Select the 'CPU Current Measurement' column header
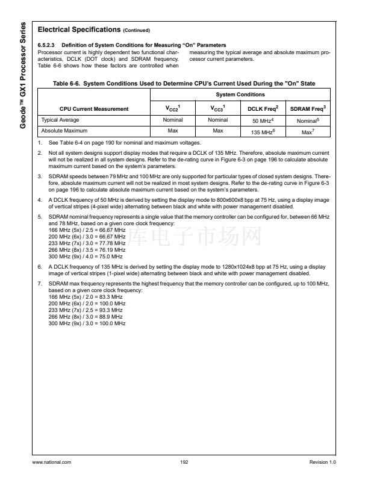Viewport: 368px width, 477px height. point(94,108)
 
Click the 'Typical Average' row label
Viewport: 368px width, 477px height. point(60,120)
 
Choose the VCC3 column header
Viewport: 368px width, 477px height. point(217,108)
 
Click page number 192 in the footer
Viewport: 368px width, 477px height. point(184,462)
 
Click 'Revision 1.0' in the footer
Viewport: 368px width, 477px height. point(323,462)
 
